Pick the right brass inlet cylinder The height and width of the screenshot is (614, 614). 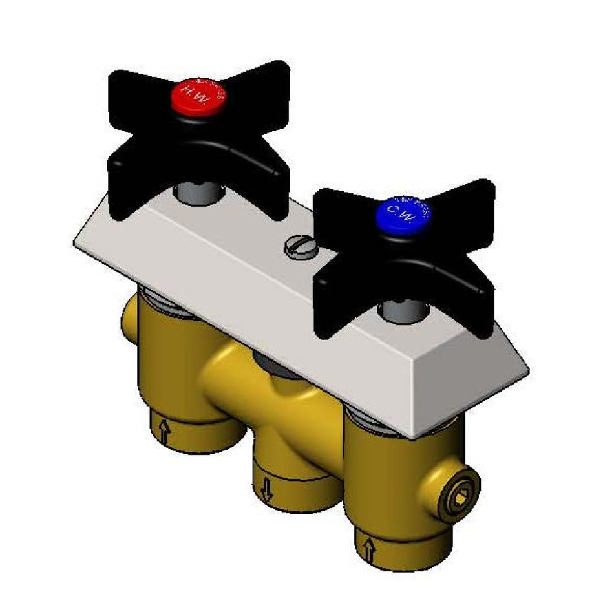(x=388, y=498)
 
